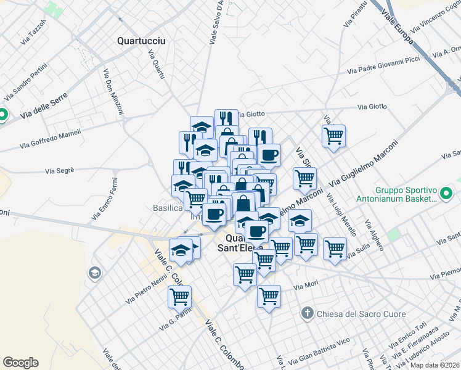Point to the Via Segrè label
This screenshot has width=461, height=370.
click(60, 170)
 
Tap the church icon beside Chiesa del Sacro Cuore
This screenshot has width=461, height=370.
click(308, 314)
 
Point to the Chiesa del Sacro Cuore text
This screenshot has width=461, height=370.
click(361, 314)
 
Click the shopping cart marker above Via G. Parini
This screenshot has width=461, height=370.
click(179, 297)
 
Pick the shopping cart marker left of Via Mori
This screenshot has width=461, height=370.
click(269, 296)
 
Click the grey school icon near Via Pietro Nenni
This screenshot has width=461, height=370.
click(94, 273)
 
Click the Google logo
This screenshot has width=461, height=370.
click(20, 363)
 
